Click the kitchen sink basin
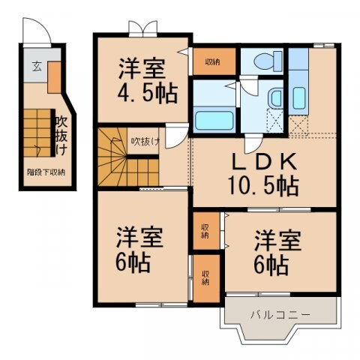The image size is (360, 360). point(298,97)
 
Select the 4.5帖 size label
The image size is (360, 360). point(148,93)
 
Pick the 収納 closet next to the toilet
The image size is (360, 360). point(211,61)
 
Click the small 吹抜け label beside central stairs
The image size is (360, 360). point(145,140)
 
